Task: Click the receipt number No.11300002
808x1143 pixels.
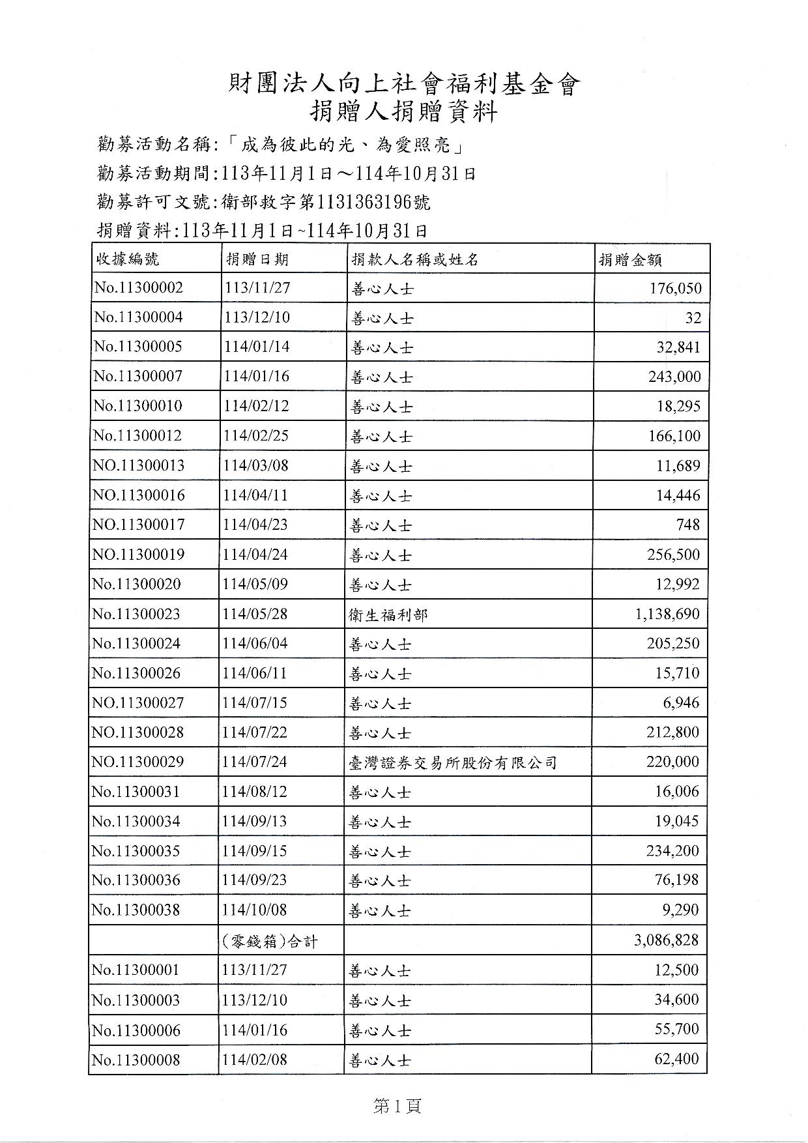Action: pos(138,287)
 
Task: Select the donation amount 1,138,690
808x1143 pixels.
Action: pos(667,614)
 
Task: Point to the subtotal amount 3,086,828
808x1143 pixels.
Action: pos(665,940)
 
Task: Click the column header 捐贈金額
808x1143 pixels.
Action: pos(631,260)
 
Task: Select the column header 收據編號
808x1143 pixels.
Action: pos(127,259)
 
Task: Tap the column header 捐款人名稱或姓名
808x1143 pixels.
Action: pos(415,259)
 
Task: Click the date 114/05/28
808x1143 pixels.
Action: pos(255,614)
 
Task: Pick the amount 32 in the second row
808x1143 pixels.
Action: pos(693,317)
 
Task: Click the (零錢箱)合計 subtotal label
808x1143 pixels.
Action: pos(270,941)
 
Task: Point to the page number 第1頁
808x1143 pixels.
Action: pos(397,1105)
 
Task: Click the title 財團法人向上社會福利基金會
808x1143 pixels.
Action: pos(403,84)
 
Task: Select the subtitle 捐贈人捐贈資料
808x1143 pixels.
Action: pos(403,112)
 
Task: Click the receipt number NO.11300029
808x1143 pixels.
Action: pos(138,762)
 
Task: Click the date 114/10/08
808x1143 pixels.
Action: pos(254,910)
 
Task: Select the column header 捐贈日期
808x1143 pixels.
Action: pos(257,259)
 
